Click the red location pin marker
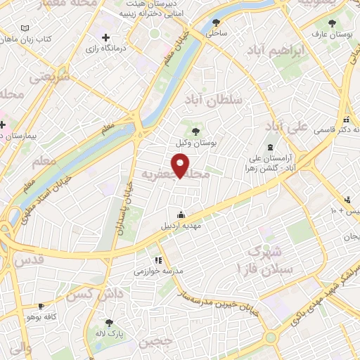pos(181,166)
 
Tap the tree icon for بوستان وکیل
pos(195,131)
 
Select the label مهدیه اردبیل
pos(182,226)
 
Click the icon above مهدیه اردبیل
pos(182,215)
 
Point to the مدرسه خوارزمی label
pos(159,271)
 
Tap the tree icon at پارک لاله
pos(109,322)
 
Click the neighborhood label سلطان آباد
pos(214,101)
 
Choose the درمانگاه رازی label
pos(105,49)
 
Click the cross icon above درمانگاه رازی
pos(105,37)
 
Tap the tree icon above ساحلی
pos(215,22)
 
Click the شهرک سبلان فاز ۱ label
pos(262,259)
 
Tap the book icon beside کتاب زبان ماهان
pos(25,28)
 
